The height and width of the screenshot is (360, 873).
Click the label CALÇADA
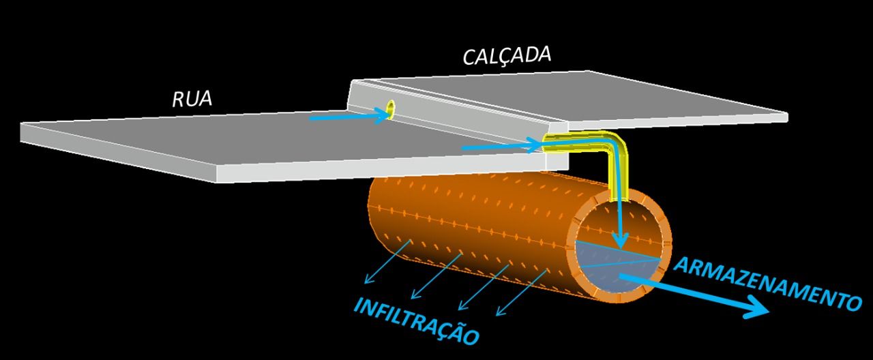[x=507, y=55]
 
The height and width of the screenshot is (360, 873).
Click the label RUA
[x=192, y=100]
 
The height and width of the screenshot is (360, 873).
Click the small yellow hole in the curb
[x=391, y=108]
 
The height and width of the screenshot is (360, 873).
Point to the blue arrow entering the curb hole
[x=348, y=117]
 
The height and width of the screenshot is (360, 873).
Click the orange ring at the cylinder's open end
[x=666, y=225]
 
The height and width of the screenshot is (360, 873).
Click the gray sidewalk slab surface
[x=580, y=95]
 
